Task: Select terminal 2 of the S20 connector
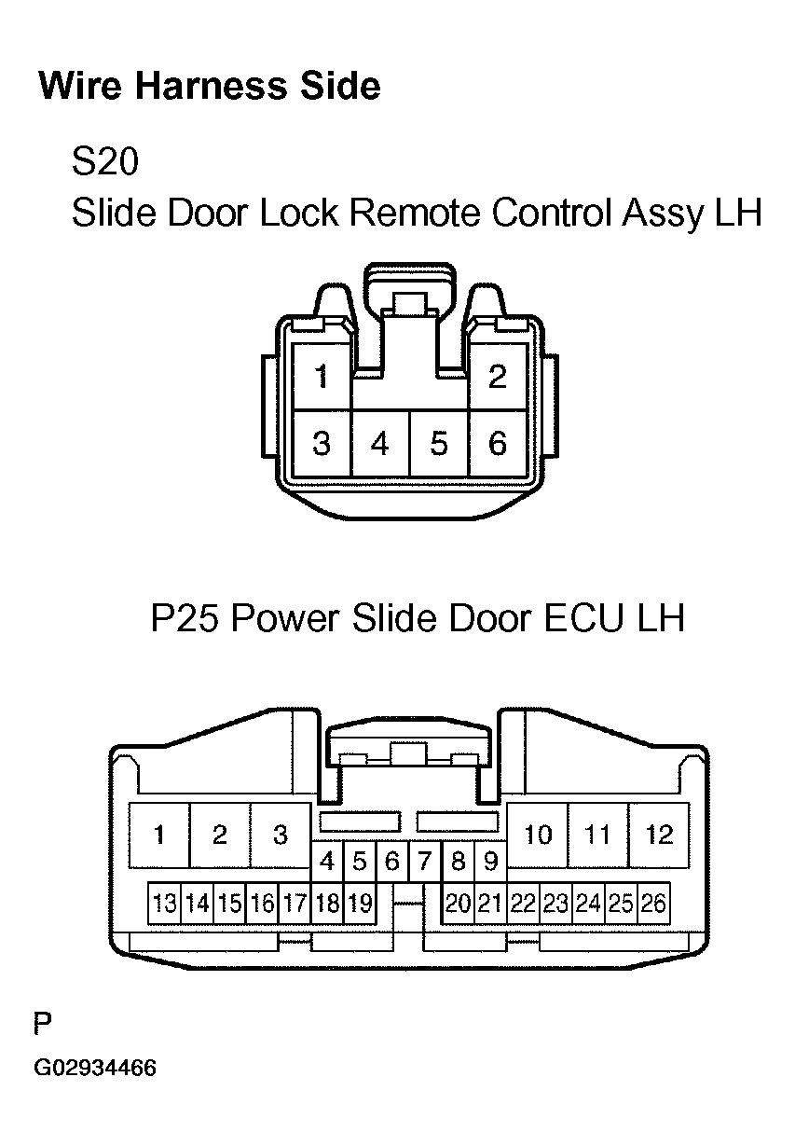[498, 376]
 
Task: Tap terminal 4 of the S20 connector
[380, 444]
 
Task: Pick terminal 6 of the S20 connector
[498, 444]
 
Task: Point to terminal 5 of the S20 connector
[439, 444]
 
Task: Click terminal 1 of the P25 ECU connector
[159, 835]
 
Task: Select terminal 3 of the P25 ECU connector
[281, 835]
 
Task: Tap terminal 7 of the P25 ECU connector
[425, 861]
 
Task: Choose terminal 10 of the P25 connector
[538, 835]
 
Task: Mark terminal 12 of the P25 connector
[659, 835]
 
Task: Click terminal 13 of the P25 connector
[165, 903]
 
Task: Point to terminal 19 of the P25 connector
[360, 903]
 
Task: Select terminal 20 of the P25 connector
[458, 903]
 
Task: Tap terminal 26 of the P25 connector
[653, 903]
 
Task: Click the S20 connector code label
[105, 161]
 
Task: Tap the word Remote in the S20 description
[415, 213]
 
